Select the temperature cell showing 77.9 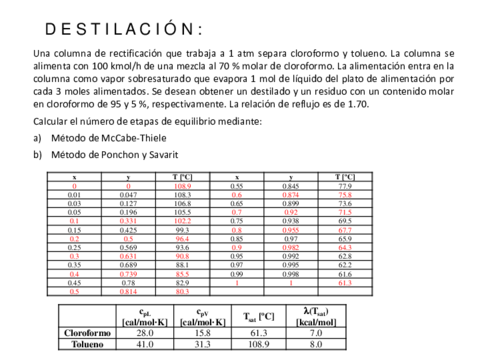(x=345, y=186)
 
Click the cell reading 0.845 (x=291, y=186)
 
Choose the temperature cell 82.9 (x=183, y=284)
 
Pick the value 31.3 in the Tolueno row (x=203, y=343)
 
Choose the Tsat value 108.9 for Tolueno (x=260, y=343)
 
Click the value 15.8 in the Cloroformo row (x=203, y=331)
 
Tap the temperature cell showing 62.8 (x=345, y=256)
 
